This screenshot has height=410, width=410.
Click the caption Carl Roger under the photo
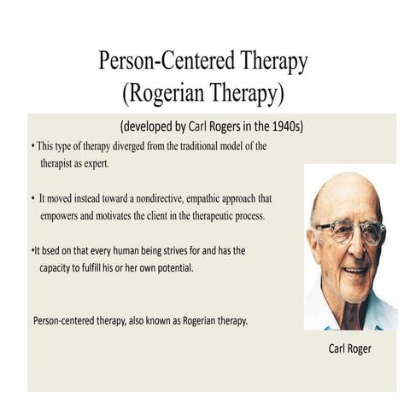[x=350, y=348]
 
